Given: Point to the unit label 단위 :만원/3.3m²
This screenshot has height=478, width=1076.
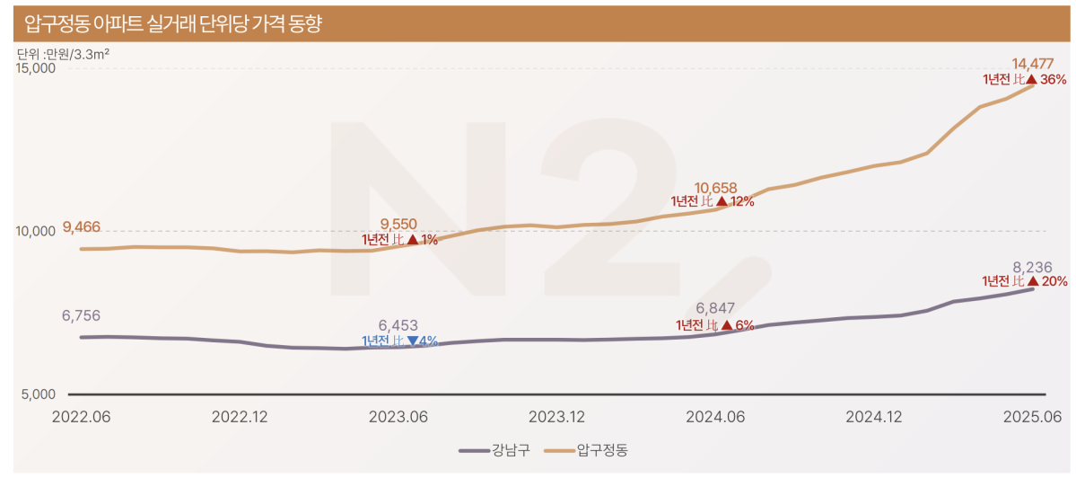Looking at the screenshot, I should tap(63, 54).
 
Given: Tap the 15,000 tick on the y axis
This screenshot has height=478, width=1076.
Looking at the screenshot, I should tap(36, 68).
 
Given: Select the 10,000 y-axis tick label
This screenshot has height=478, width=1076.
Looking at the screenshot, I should tap(36, 231).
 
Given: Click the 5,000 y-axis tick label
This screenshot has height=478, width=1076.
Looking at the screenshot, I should tap(39, 394).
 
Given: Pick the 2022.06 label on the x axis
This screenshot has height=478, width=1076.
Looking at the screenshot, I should tap(81, 417).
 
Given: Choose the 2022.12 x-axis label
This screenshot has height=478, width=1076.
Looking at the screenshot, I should tap(240, 417).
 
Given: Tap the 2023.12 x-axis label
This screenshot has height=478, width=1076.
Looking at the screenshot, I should tap(557, 417).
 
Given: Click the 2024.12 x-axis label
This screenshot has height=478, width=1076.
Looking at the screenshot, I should tap(874, 417).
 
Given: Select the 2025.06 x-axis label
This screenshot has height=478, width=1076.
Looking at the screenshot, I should tap(1033, 417).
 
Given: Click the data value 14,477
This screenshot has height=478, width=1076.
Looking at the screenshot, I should tap(1032, 64).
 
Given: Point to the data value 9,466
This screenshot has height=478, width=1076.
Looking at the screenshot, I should tap(82, 226).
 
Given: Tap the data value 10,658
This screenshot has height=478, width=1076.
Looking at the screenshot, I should tap(715, 188).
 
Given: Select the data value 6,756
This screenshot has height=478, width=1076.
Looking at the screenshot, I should tap(81, 315).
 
